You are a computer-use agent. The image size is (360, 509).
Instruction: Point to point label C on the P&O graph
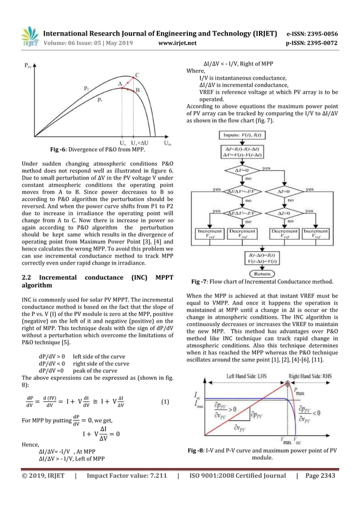coord(137,74)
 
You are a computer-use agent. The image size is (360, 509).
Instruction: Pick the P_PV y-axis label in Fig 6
coord(27,66)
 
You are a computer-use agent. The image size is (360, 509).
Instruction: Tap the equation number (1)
coord(165,403)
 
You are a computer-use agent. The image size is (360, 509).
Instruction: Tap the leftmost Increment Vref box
coord(209,234)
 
